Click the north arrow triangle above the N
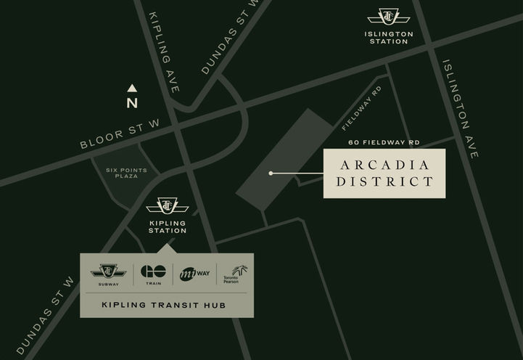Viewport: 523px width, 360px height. pyautogui.click(x=132, y=89)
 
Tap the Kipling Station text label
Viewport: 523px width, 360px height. pyautogui.click(x=167, y=227)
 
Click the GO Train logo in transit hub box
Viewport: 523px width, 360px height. pyautogui.click(x=153, y=273)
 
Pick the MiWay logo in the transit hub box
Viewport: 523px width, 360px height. pyautogui.click(x=195, y=274)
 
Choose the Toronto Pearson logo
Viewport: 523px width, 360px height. pyautogui.click(x=234, y=274)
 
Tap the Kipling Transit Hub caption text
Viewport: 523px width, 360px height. pyautogui.click(x=163, y=305)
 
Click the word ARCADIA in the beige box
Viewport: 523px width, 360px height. pyautogui.click(x=384, y=164)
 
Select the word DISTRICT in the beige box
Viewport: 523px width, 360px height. pyautogui.click(x=384, y=182)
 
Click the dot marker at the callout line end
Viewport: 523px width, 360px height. pyautogui.click(x=271, y=173)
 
